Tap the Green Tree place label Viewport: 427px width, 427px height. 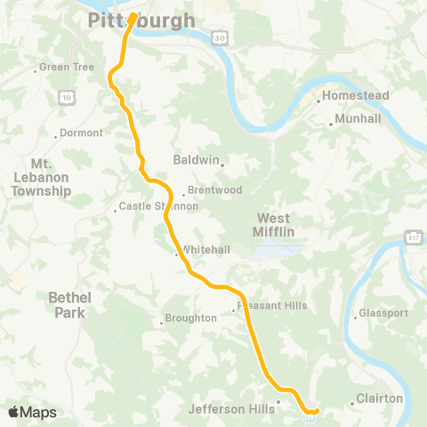65,68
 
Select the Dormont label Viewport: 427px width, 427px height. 83,134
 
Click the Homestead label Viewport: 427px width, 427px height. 350,95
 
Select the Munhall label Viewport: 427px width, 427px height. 359,118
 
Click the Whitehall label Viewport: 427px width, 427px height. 198,250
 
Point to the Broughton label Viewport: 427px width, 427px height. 190,318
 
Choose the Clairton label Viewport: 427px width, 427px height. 379,399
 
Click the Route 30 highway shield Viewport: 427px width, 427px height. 217,37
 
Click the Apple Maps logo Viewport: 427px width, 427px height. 32,412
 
